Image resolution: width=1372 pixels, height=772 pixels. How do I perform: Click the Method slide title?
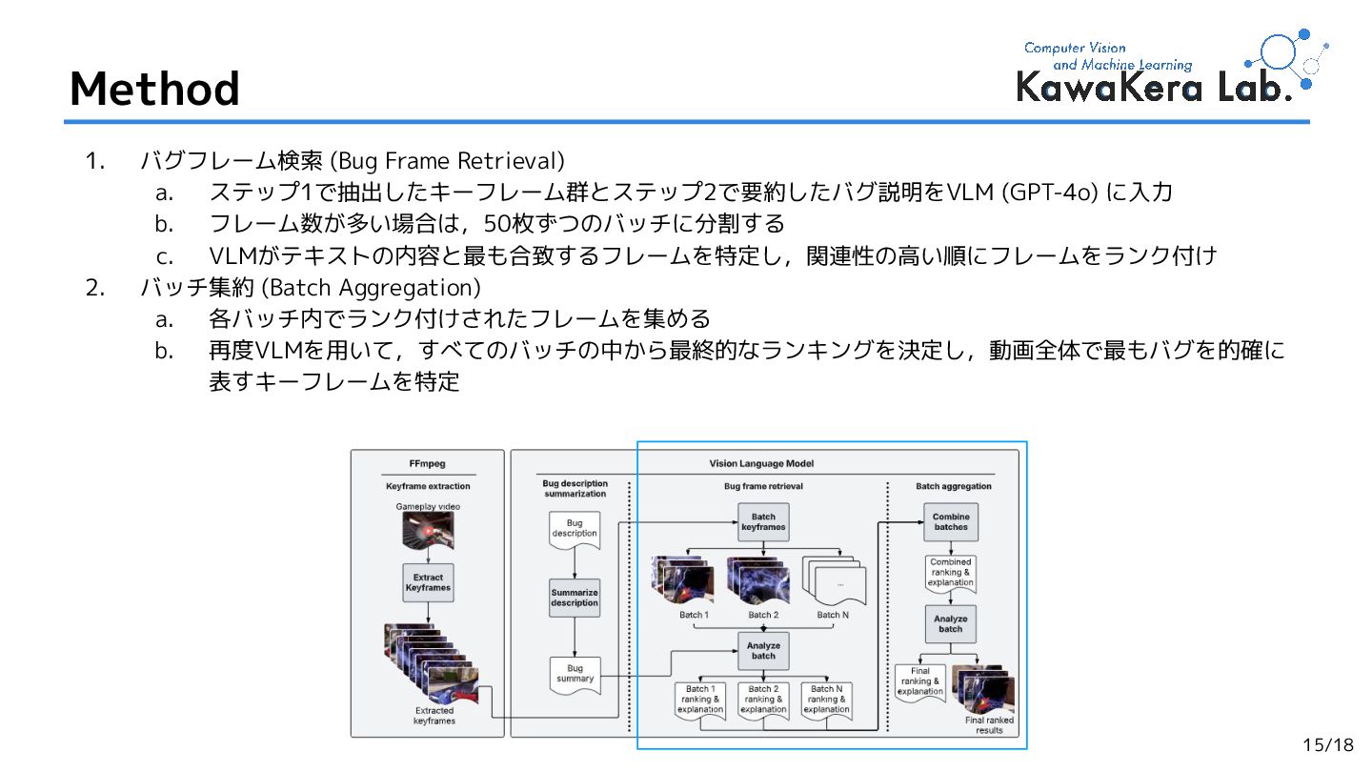pos(154,89)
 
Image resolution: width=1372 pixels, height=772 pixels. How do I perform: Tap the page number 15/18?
pos(1328,745)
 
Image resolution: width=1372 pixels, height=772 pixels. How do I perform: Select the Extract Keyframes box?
pos(428,582)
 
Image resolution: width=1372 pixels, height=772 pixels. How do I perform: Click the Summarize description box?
pos(575,598)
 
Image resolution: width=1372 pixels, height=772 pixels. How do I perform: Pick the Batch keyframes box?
pos(763,522)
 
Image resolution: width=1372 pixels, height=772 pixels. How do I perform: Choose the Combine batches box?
pos(950,521)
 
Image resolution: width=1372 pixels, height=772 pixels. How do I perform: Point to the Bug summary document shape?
pos(575,674)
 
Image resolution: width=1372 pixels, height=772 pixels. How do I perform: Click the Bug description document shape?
pos(575,528)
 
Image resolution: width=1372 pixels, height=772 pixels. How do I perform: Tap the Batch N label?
pos(833,615)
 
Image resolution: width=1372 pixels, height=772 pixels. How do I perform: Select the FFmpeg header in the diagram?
pos(428,464)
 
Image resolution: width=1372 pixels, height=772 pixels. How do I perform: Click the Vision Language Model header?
pos(761,464)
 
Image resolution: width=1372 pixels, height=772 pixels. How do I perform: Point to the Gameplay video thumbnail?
pos(428,530)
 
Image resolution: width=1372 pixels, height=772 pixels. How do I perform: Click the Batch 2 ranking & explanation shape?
pos(763,700)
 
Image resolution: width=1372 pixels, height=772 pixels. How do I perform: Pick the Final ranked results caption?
pos(989,725)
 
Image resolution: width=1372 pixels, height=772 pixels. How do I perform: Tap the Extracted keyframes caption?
pos(434,716)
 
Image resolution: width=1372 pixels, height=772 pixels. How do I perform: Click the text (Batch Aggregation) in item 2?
pos(371,287)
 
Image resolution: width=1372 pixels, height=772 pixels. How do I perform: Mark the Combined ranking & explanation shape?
pos(950,573)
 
